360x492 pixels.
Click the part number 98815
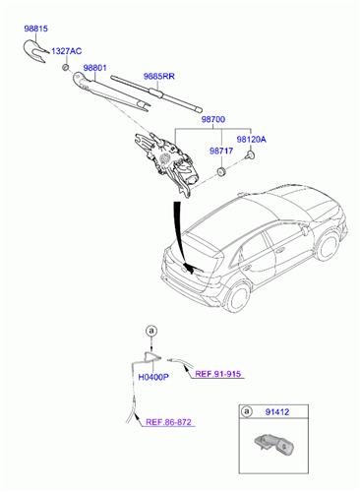[35, 31]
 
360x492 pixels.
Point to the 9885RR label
[159, 76]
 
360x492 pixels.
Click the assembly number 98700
[213, 119]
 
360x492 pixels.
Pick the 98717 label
[220, 152]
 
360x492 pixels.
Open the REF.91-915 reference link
[217, 374]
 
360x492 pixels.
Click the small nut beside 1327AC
[64, 68]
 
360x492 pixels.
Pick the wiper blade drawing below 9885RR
[157, 92]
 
